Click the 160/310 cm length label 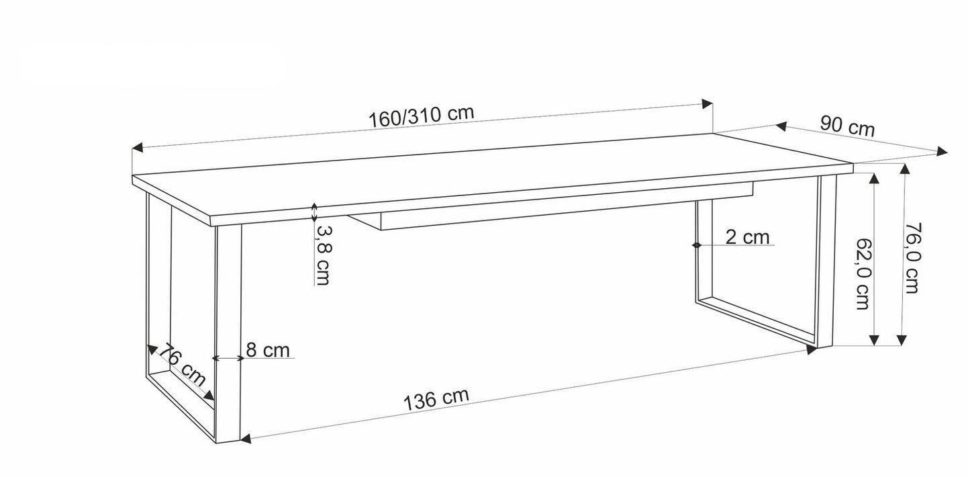(421, 115)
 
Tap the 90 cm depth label (847, 126)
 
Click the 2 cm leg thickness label (746, 237)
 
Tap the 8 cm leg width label (267, 350)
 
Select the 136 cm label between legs (436, 399)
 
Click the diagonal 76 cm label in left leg (181, 365)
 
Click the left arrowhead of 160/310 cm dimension (136, 148)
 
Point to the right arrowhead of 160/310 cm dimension (707, 103)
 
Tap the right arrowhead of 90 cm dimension (942, 152)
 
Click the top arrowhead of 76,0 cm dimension (904, 169)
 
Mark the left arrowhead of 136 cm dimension (246, 439)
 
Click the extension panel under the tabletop (564, 210)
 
